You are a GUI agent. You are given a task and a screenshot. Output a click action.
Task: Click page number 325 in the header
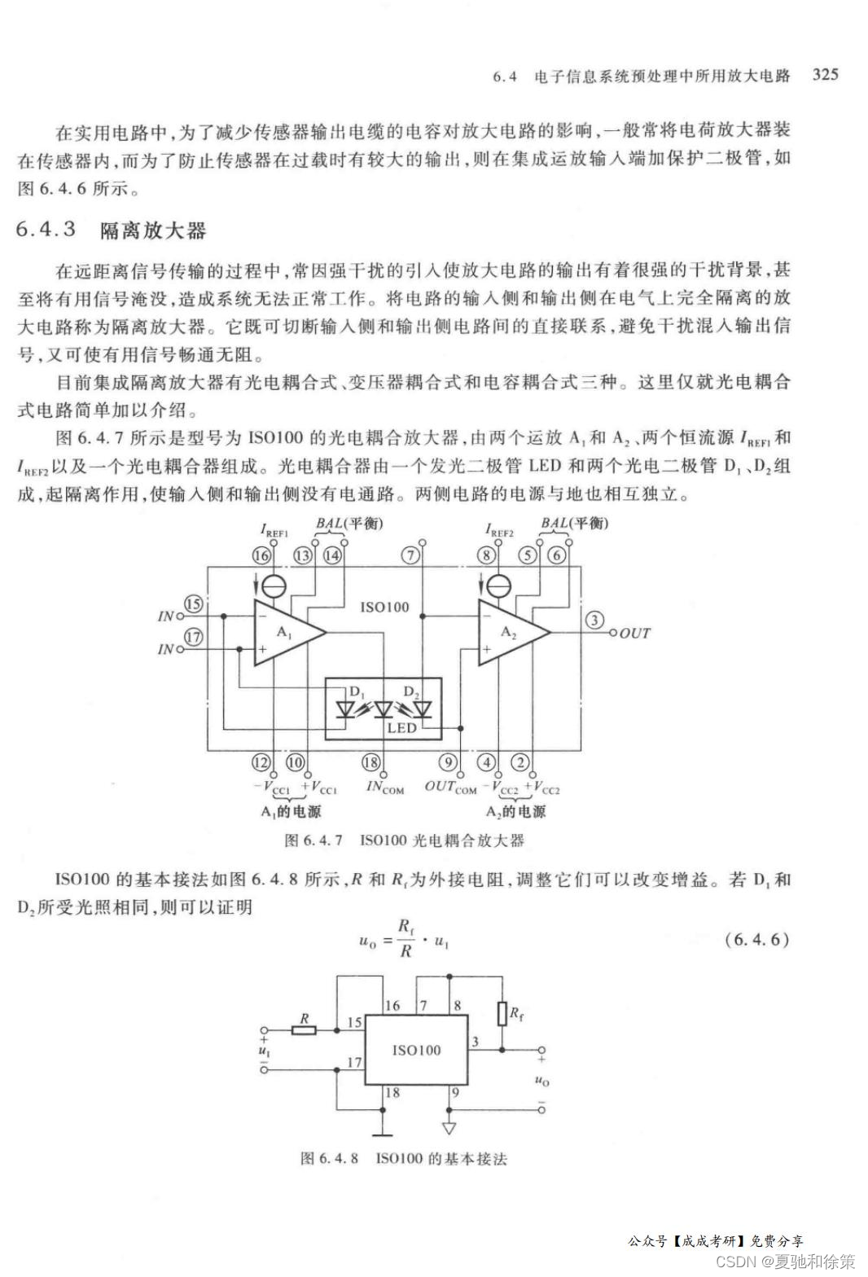825,75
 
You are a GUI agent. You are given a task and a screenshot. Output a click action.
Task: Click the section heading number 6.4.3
46,230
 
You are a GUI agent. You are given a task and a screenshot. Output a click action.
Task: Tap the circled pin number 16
261,555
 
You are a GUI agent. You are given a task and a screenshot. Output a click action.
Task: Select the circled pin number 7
412,555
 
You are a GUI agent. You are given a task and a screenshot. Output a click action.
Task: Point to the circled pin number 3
595,621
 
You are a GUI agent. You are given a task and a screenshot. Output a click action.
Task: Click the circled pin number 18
370,762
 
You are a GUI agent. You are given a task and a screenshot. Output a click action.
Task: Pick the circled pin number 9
448,762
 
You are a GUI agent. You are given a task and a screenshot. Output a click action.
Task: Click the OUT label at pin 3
635,634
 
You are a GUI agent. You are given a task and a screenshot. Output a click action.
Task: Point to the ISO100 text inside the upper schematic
385,607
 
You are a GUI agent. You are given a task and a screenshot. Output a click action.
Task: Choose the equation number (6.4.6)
756,939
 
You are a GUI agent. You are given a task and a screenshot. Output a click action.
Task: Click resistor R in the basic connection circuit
305,1030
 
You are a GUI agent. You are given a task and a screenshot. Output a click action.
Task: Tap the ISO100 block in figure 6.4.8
416,1050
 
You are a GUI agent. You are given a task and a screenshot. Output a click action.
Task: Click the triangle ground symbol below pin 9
449,1129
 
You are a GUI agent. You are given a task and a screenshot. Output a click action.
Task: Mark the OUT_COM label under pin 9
450,787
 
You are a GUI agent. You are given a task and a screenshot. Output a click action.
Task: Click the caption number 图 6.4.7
313,840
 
